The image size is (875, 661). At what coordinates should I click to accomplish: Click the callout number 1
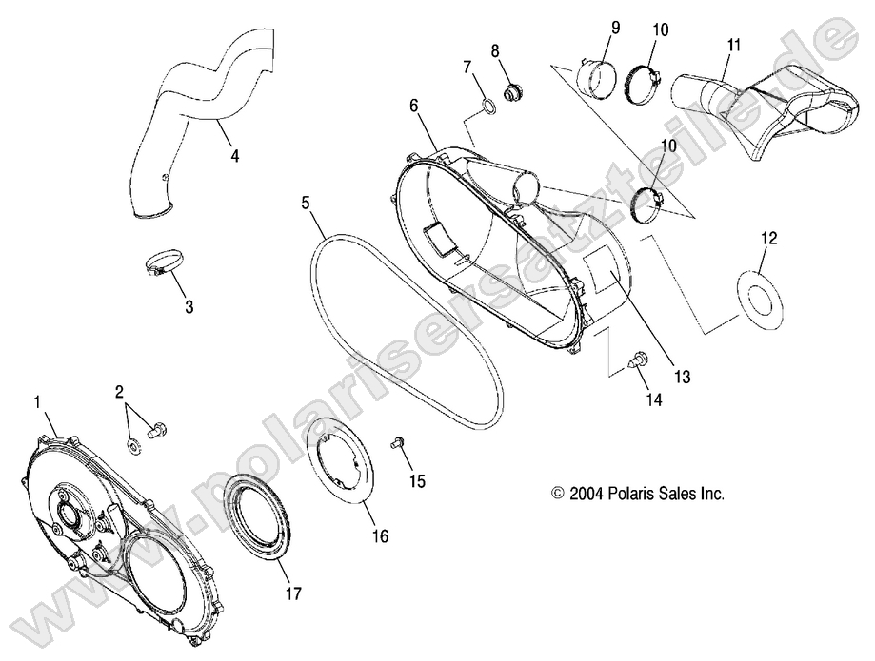point(38,402)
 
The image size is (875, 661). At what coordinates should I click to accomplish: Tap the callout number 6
point(414,107)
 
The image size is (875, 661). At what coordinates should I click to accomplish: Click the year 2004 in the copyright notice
point(583,494)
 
